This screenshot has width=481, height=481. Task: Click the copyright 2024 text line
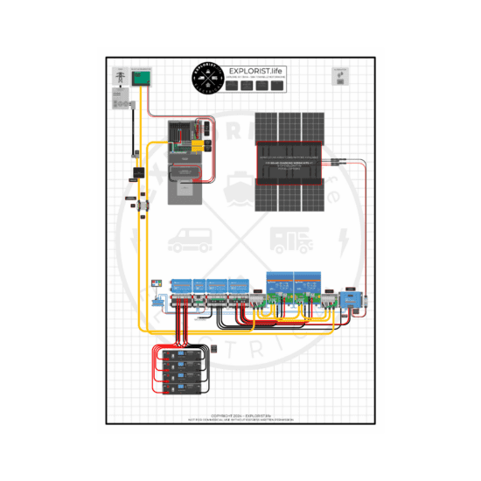click(240, 416)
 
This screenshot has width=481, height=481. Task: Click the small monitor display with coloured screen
click(156, 284)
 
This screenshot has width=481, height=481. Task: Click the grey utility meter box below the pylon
click(119, 104)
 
